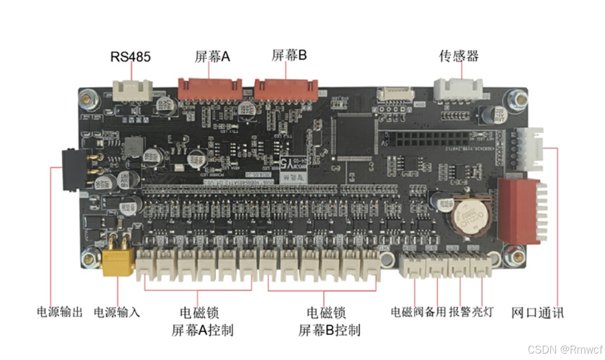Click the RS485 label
(x=130, y=57)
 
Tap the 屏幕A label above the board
(x=213, y=57)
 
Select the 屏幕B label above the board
(x=289, y=55)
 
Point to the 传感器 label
(x=459, y=56)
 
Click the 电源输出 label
(x=60, y=312)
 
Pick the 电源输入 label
(x=117, y=312)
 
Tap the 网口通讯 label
(x=537, y=312)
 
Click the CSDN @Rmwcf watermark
(x=564, y=349)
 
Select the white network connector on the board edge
(x=532, y=149)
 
